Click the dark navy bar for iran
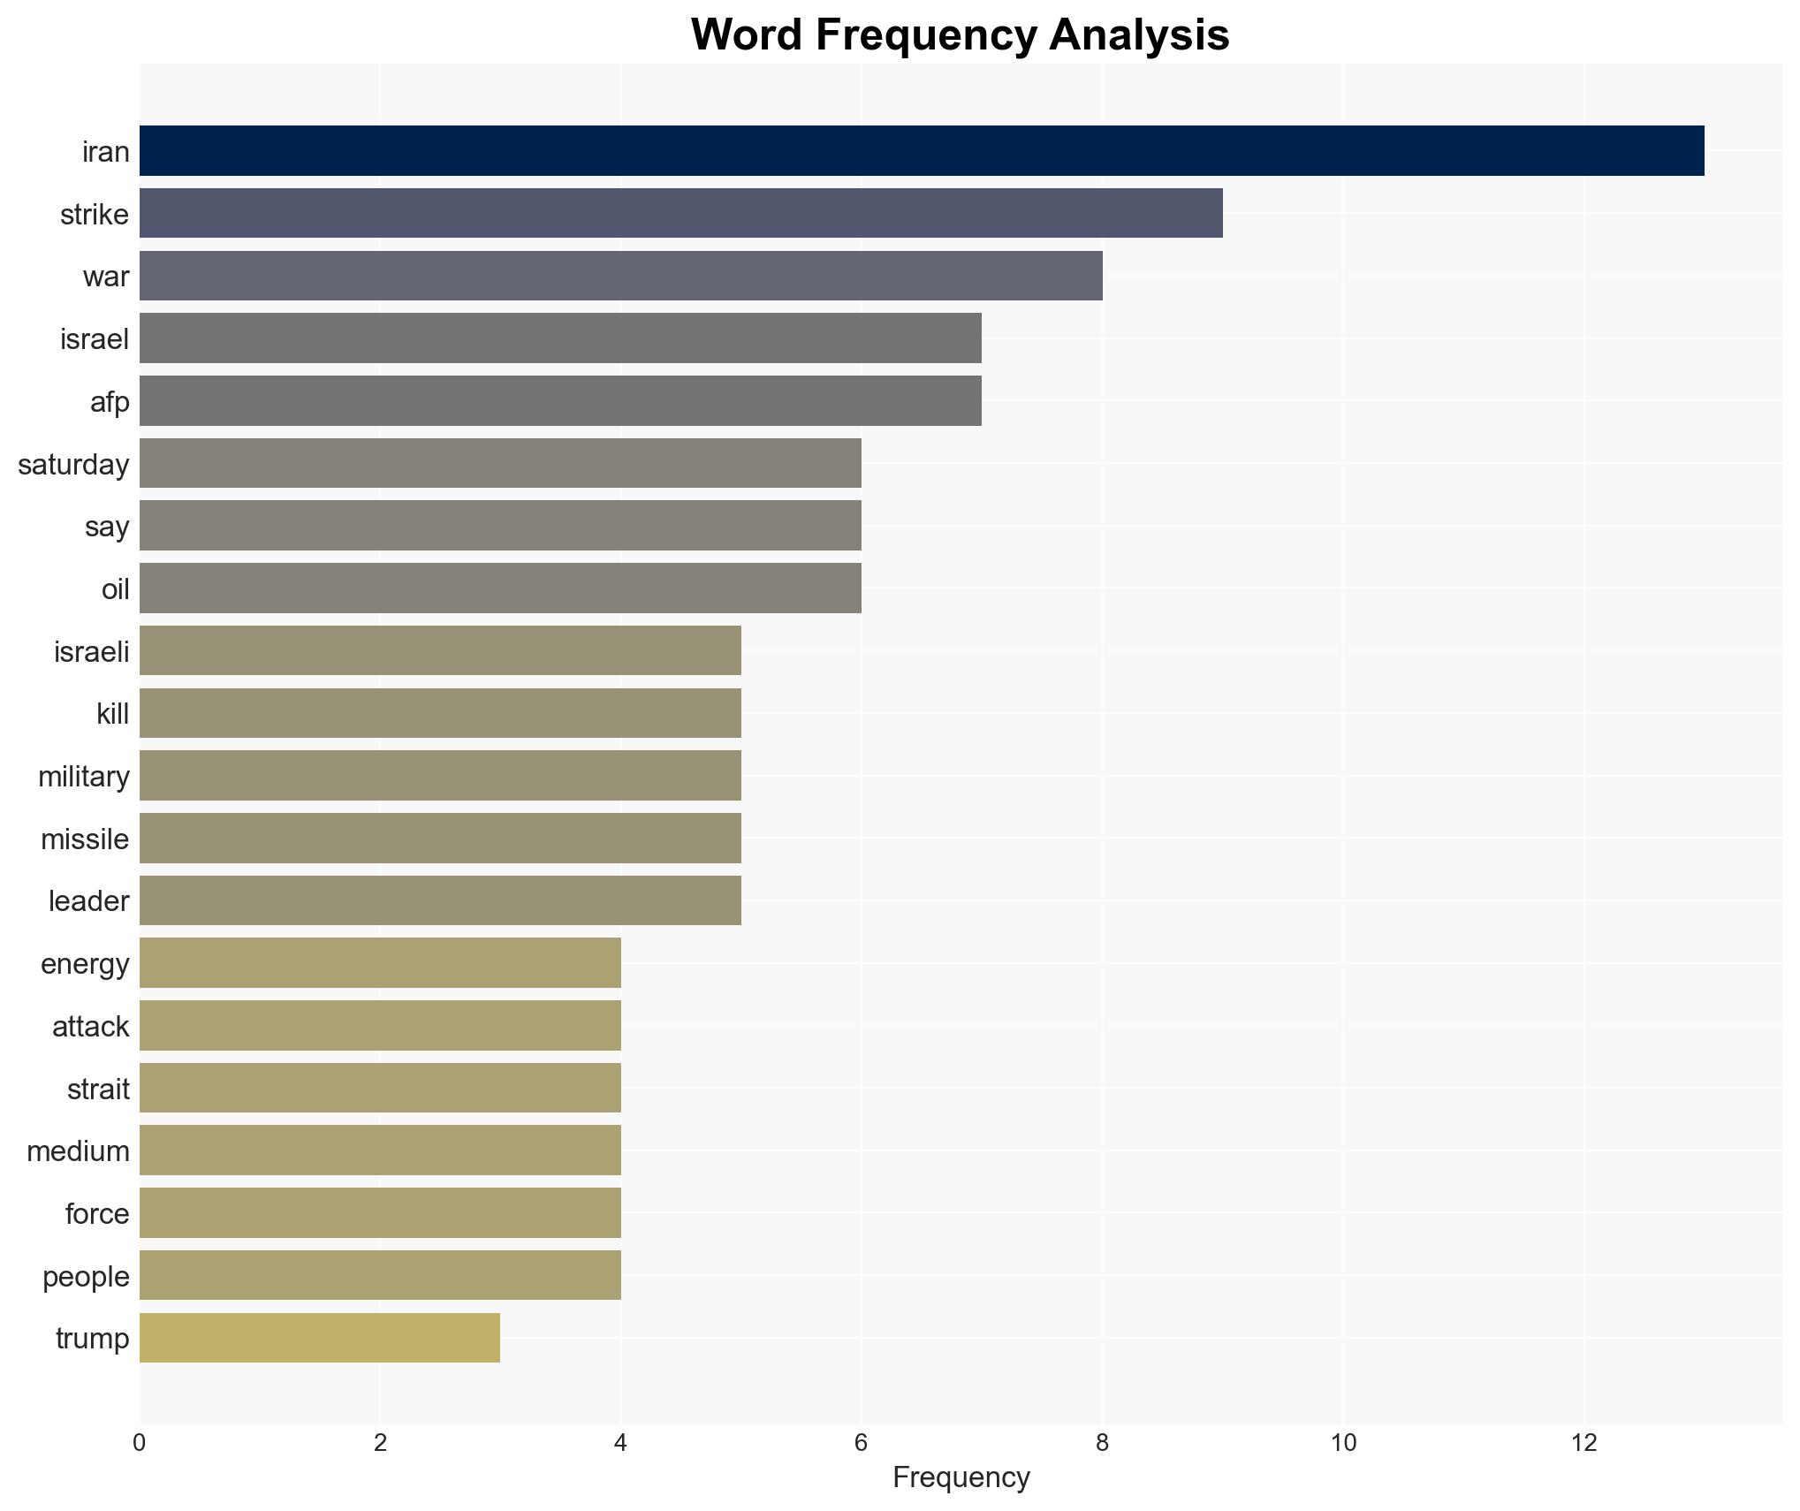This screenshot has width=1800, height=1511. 921,151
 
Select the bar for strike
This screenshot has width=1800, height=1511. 680,213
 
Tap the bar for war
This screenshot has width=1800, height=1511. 620,276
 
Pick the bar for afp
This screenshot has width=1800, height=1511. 560,401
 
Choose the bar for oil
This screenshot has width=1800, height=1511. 500,588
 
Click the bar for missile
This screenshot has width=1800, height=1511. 440,839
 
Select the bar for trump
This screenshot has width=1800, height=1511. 320,1338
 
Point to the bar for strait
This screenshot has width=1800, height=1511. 380,1089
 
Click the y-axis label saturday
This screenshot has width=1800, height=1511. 73,465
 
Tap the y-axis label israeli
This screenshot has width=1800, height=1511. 91,652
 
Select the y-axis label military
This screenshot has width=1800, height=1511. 83,777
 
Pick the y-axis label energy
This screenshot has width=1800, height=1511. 85,964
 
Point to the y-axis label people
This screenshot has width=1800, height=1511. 86,1277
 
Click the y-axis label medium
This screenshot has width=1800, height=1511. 78,1151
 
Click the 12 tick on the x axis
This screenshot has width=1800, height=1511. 1584,1443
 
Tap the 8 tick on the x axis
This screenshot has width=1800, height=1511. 1102,1443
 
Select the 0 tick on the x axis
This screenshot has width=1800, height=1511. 140,1443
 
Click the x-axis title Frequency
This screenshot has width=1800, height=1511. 961,1477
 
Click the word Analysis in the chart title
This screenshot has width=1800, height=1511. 1139,35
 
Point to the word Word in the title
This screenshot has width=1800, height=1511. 747,35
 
